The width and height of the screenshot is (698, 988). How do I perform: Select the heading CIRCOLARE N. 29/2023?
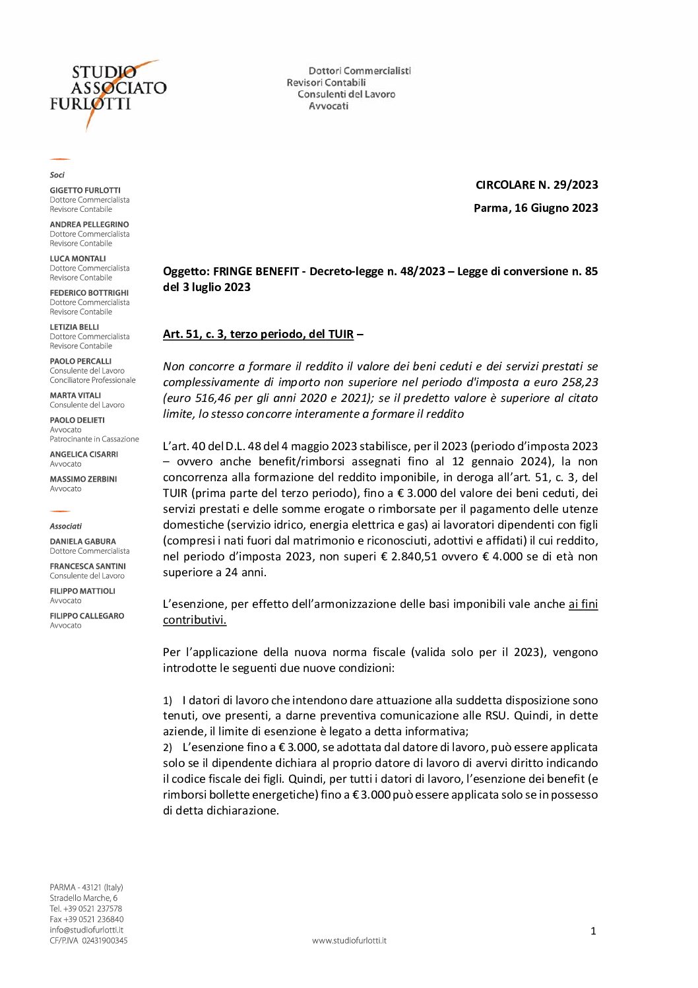[x=536, y=185]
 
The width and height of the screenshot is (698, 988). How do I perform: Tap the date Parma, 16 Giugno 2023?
[x=536, y=208]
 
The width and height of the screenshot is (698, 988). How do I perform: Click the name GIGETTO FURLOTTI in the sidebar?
[x=85, y=190]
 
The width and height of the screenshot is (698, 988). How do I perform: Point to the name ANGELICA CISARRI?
[x=84, y=454]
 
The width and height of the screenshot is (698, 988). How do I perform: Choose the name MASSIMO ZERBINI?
[x=83, y=479]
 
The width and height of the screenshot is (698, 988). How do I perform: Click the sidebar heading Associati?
[x=66, y=526]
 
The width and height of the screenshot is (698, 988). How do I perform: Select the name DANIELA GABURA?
[x=82, y=541]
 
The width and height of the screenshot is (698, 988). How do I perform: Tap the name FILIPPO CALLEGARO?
[x=86, y=616]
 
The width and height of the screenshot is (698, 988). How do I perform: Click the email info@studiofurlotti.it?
[x=86, y=930]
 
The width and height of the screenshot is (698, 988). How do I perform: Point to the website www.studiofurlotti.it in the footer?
[x=349, y=940]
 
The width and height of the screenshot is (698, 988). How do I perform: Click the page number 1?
[x=593, y=931]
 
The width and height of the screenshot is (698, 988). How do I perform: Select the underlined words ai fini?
[x=583, y=604]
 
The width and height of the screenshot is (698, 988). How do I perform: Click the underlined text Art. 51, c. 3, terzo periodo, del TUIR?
[x=258, y=334]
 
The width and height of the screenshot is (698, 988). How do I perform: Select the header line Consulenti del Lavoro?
[x=346, y=94]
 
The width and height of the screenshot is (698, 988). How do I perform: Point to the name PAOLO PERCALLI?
[x=80, y=361]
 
